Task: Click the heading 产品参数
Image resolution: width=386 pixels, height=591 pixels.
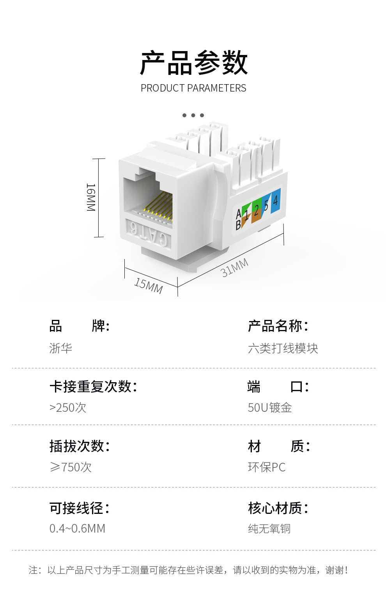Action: pyautogui.click(x=193, y=63)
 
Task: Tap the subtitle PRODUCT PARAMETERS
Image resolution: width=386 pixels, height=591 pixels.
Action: pyautogui.click(x=193, y=88)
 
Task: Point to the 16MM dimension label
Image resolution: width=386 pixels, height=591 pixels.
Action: pyautogui.click(x=90, y=197)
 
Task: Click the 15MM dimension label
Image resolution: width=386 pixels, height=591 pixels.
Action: pyautogui.click(x=148, y=285)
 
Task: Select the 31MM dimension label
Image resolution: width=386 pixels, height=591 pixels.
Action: pyautogui.click(x=234, y=268)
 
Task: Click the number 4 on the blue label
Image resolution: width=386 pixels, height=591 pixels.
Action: pyautogui.click(x=275, y=201)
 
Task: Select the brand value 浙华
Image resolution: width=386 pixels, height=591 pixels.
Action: pyautogui.click(x=61, y=348)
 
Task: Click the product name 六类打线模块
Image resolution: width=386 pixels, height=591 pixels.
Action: pyautogui.click(x=283, y=348)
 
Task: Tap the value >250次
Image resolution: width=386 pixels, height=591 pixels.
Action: pyautogui.click(x=68, y=408)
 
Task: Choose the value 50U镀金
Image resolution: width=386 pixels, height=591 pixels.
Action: pyautogui.click(x=270, y=408)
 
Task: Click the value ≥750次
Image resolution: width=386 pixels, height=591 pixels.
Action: pyautogui.click(x=71, y=467)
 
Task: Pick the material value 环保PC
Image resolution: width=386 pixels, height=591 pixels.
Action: pyautogui.click(x=267, y=467)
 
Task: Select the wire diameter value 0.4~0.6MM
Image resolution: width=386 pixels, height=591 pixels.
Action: pyautogui.click(x=77, y=528)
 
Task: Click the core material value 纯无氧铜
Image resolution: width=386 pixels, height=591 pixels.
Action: pyautogui.click(x=269, y=528)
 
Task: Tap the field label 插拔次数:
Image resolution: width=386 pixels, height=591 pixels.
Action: pyautogui.click(x=80, y=446)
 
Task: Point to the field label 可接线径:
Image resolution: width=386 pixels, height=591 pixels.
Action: pyautogui.click(x=80, y=508)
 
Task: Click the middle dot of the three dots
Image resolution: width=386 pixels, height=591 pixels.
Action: pyautogui.click(x=193, y=115)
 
